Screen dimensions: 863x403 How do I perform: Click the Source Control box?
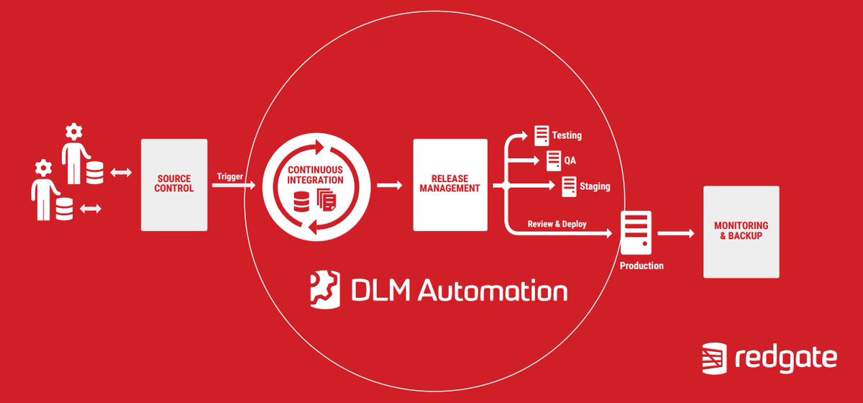pyautogui.click(x=174, y=184)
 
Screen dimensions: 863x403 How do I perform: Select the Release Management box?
pyautogui.click(x=450, y=184)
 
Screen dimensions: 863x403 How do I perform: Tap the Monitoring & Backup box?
pyautogui.click(x=741, y=231)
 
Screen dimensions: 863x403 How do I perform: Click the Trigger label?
pyautogui.click(x=229, y=175)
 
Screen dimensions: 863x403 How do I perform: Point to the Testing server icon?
pyautogui.click(x=542, y=134)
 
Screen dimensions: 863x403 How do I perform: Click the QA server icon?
pyautogui.click(x=553, y=160)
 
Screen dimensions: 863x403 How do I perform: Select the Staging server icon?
pyautogui.click(x=568, y=186)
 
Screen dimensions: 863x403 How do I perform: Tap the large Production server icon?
pyautogui.click(x=636, y=232)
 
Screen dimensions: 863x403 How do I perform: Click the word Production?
pyautogui.click(x=641, y=266)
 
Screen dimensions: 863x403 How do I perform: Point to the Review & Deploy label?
pyautogui.click(x=557, y=224)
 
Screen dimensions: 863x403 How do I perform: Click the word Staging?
pyautogui.click(x=595, y=186)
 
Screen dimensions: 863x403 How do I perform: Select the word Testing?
pyautogui.click(x=567, y=135)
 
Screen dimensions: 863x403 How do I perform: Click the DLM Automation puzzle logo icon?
pyautogui.click(x=322, y=289)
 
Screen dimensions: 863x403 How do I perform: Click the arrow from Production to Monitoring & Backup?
pyautogui.click(x=676, y=233)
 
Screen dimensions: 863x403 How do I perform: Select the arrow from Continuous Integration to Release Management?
pyautogui.click(x=390, y=185)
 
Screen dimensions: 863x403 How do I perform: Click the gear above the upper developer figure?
pyautogui.click(x=73, y=132)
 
